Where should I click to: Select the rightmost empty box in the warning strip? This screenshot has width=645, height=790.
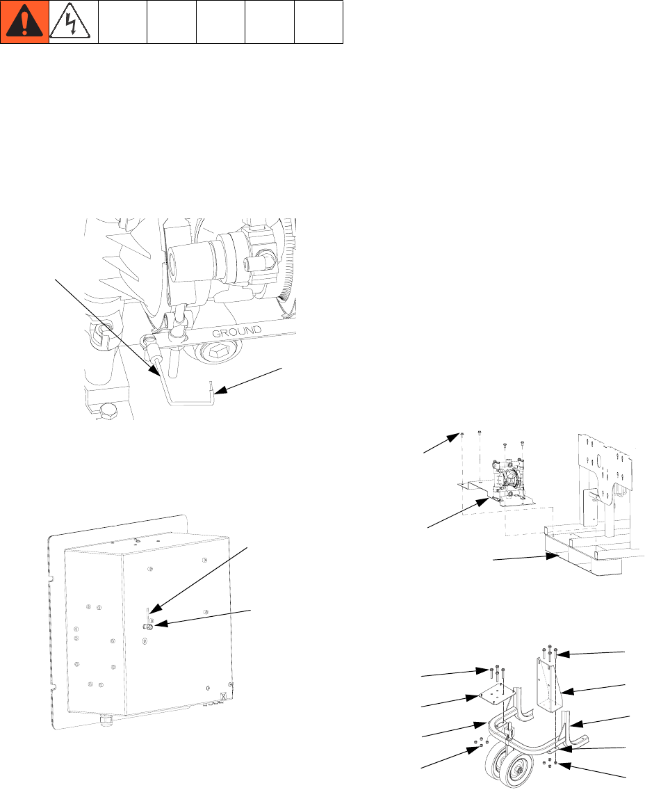tap(319, 22)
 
